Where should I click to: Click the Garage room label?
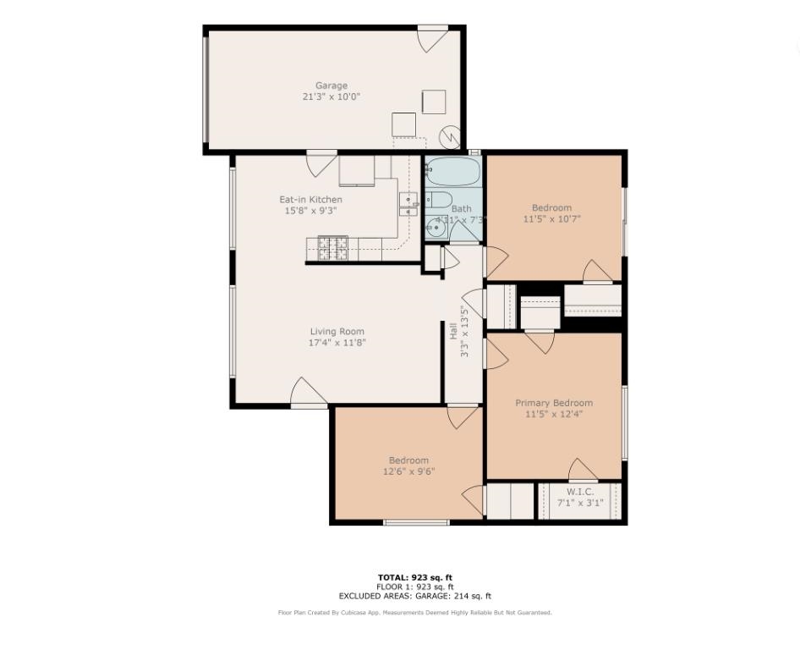332,85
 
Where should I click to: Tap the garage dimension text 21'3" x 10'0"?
332,97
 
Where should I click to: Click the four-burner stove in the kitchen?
333,248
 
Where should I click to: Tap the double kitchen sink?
408,204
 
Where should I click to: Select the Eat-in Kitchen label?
310,200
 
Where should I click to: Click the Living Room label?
337,332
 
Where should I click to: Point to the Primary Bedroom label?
554,403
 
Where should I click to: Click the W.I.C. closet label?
579,492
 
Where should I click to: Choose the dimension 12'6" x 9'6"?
408,472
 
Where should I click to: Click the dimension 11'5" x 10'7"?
551,219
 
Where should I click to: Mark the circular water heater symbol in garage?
451,136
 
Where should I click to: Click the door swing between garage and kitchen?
321,163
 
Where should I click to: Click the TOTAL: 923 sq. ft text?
415,577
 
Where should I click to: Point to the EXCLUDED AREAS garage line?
415,597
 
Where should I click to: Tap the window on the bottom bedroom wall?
416,522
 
